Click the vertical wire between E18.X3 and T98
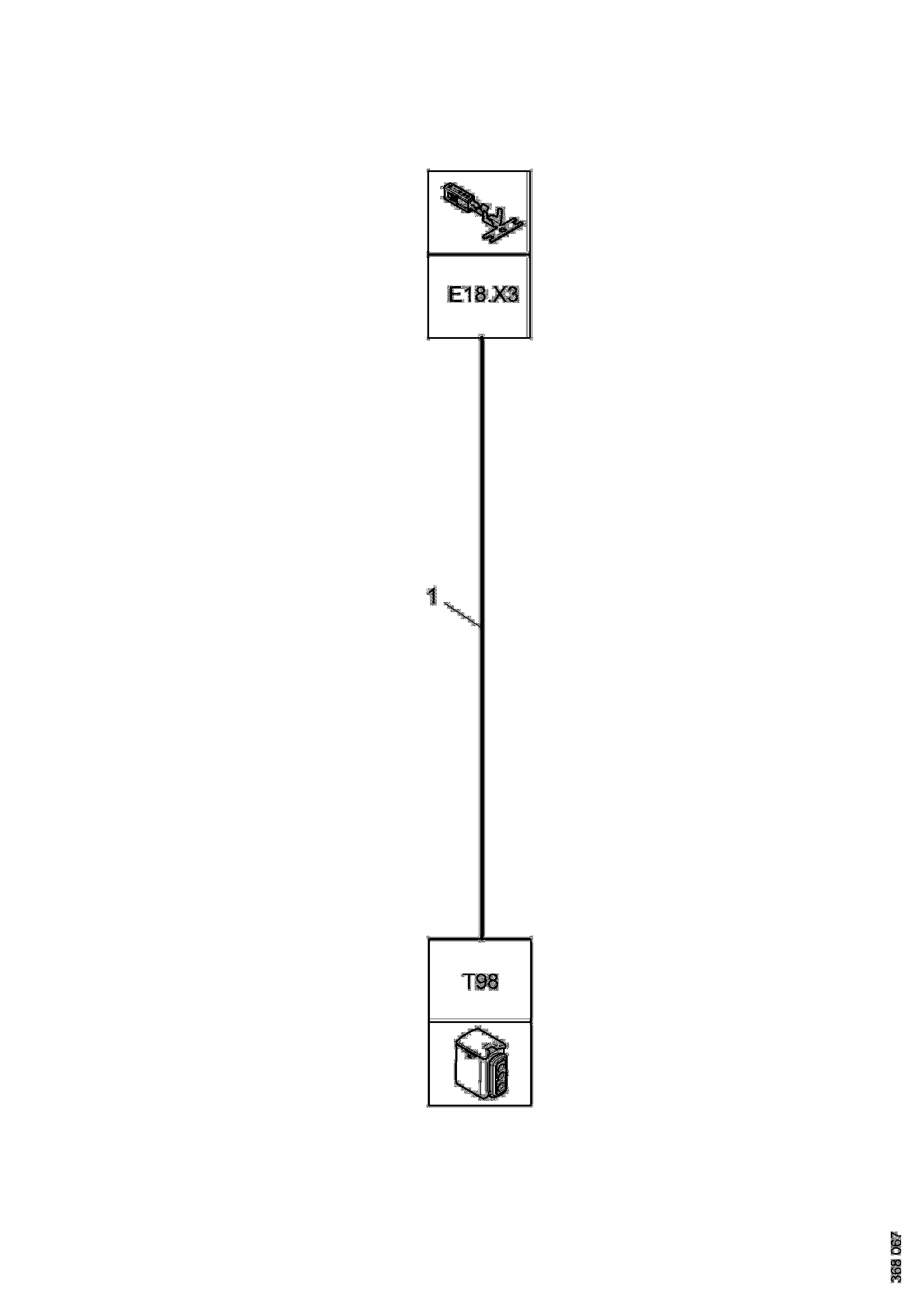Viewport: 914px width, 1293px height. (x=482, y=732)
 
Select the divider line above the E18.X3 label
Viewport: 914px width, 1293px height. (x=478, y=254)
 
